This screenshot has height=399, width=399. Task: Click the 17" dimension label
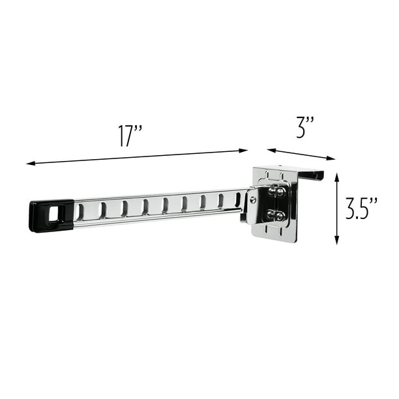tap(130, 136)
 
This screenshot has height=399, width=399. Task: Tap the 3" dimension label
tap(305, 127)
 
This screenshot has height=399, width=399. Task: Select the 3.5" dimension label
tap(361, 209)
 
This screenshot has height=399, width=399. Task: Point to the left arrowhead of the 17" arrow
tap(31, 164)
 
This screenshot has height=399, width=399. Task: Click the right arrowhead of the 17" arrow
tap(244, 151)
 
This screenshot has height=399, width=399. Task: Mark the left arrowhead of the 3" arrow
tap(271, 150)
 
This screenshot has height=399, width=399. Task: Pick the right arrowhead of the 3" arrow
tap(331, 158)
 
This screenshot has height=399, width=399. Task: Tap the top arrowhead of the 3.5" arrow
tap(336, 177)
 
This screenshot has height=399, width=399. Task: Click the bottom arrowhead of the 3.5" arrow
tap(336, 241)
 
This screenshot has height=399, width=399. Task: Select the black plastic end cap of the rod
tap(52, 216)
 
